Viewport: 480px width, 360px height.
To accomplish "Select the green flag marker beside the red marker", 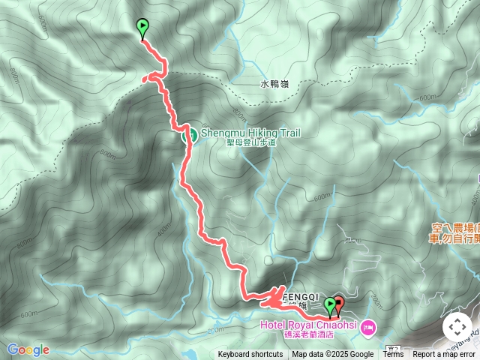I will tap(329, 305).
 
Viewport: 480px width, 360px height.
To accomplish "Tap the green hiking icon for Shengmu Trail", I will tap(190, 135).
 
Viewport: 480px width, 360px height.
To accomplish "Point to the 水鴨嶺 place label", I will tap(275, 85).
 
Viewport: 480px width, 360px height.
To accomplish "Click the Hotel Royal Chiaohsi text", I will tap(308, 325).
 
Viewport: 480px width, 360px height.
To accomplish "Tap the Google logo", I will tap(28, 349).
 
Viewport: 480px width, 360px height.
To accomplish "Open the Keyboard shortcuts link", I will tap(250, 355).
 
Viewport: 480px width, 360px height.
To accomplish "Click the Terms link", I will tap(393, 355).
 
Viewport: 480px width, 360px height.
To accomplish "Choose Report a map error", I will tap(444, 355).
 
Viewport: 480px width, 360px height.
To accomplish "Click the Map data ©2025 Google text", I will tap(332, 355).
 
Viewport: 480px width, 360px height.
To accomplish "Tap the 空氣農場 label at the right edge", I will tap(455, 226).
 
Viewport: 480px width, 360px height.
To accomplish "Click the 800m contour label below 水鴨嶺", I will tap(239, 112).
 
